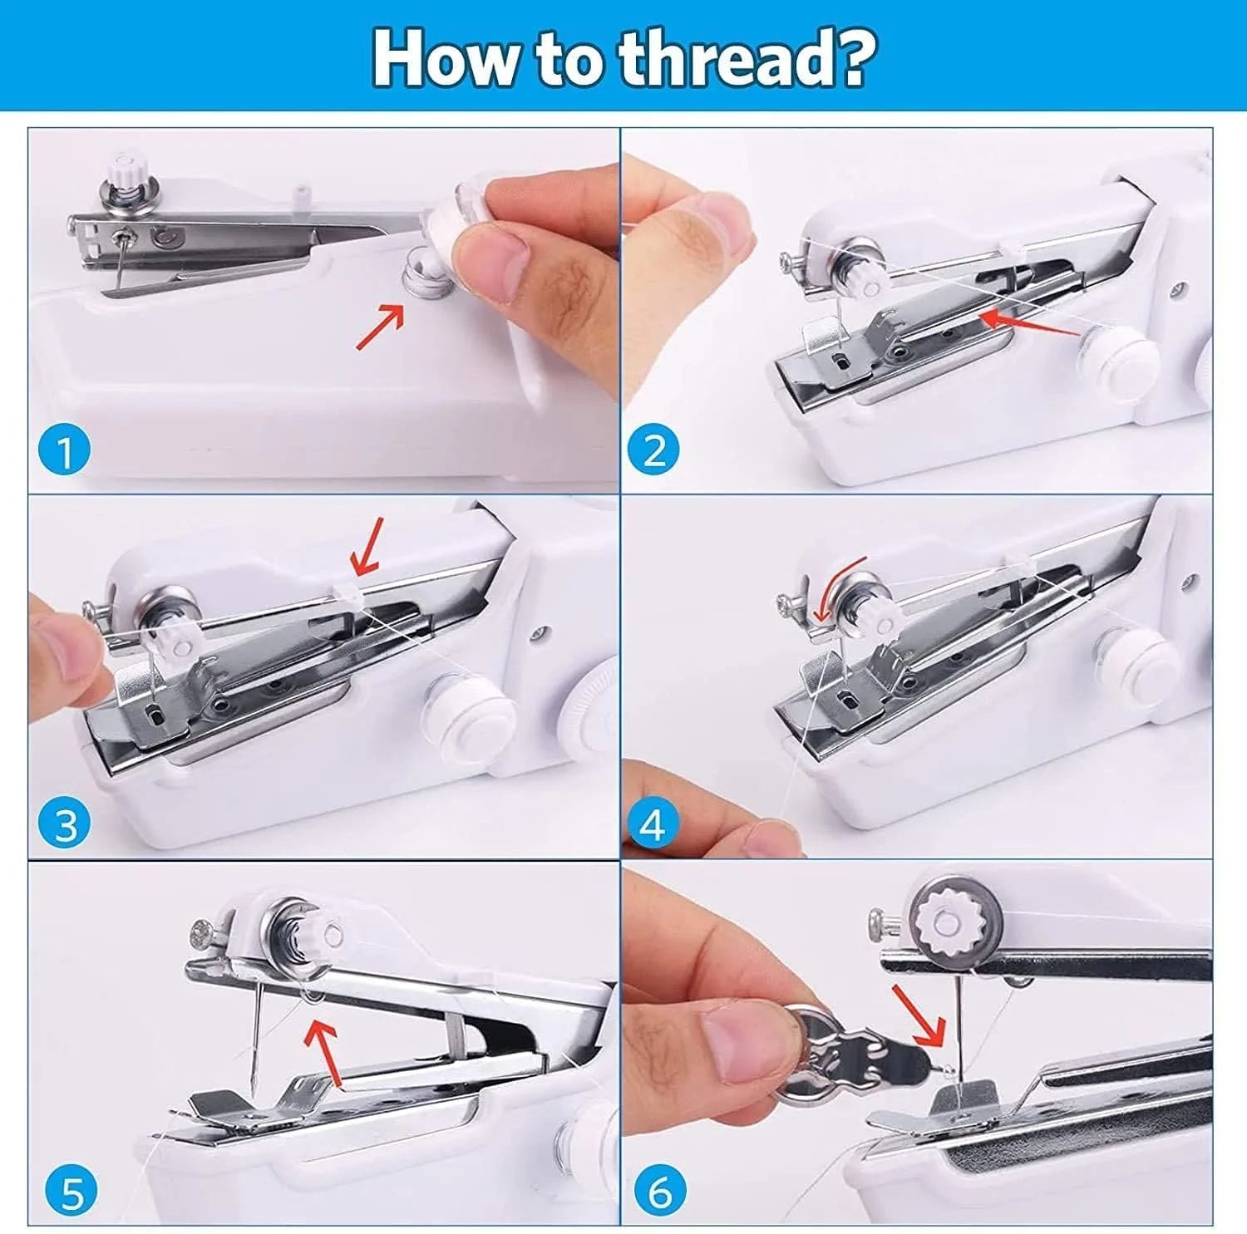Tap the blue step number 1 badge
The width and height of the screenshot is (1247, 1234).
pyautogui.click(x=64, y=452)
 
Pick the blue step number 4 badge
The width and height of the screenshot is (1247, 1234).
pyautogui.click(x=653, y=824)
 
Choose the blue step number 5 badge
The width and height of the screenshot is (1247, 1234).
pyautogui.click(x=71, y=1193)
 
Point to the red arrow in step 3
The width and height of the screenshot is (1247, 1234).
pyautogui.click(x=367, y=546)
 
